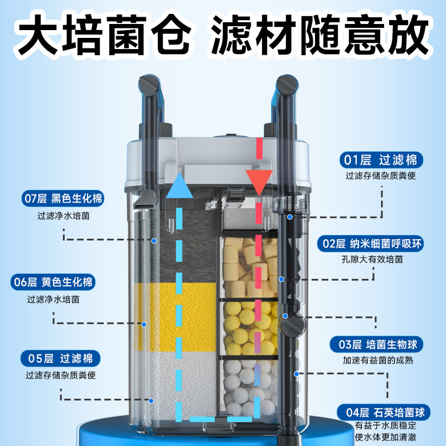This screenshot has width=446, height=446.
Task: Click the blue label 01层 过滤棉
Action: [381, 161]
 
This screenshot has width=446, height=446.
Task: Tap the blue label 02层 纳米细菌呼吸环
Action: [380, 243]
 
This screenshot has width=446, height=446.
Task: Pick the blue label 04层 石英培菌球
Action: [385, 413]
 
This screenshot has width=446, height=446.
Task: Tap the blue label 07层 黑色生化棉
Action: [63, 198]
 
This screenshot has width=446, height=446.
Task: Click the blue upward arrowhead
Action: [180, 185]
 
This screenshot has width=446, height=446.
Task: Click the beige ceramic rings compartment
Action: [248, 265]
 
